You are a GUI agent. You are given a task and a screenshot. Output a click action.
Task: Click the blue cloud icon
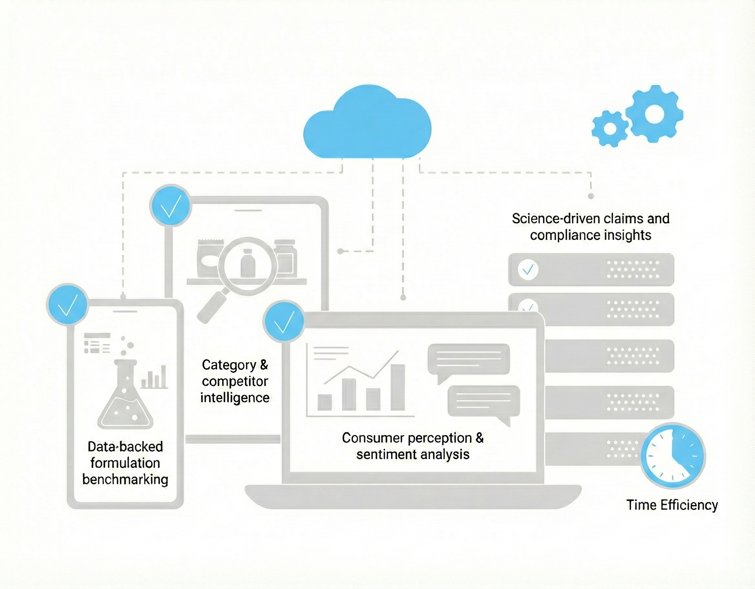click(367, 124)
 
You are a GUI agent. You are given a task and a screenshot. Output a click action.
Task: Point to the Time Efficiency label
click(672, 505)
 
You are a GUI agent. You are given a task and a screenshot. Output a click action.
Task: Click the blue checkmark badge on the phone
click(67, 304)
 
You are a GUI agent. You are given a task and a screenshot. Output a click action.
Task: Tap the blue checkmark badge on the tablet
click(170, 205)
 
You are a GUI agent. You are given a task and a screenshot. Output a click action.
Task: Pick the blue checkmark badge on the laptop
click(284, 321)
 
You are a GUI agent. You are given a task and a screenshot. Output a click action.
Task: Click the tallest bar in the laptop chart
click(398, 387)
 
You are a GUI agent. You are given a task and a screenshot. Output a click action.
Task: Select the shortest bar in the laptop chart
click(324, 402)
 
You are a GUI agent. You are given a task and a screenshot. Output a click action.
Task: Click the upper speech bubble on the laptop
click(469, 359)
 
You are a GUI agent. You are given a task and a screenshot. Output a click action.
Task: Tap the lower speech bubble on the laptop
click(484, 401)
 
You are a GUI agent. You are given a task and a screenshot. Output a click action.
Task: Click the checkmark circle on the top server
click(528, 269)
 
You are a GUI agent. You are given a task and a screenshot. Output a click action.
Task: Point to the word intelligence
click(235, 398)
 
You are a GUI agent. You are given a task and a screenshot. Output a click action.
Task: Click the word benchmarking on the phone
click(125, 480)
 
